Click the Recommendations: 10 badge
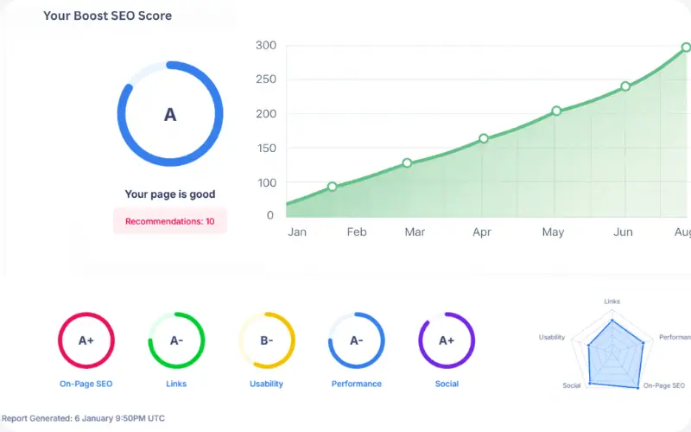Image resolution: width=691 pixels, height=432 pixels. point(170,221)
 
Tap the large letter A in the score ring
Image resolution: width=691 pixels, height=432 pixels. point(170,115)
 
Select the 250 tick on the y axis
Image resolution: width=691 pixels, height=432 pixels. point(266,79)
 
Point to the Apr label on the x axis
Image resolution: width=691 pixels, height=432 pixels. point(482,232)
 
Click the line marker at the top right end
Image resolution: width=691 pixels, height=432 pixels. point(686,48)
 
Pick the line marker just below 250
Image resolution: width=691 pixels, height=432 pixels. point(625,86)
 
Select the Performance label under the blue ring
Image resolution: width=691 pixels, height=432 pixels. point(357,384)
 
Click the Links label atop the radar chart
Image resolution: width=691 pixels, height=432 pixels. point(612,302)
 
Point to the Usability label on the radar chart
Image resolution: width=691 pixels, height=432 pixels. point(552,337)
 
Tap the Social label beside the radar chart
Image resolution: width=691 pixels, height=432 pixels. point(572,385)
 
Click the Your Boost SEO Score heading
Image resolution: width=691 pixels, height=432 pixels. point(107,16)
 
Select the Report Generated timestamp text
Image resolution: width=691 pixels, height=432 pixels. point(83,418)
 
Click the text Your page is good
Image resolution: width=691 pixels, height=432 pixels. point(170,194)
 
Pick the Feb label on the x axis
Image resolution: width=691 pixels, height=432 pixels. point(357,232)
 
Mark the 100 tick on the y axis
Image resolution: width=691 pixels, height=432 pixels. point(266,182)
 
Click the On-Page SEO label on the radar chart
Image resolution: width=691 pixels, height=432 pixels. point(664,385)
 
